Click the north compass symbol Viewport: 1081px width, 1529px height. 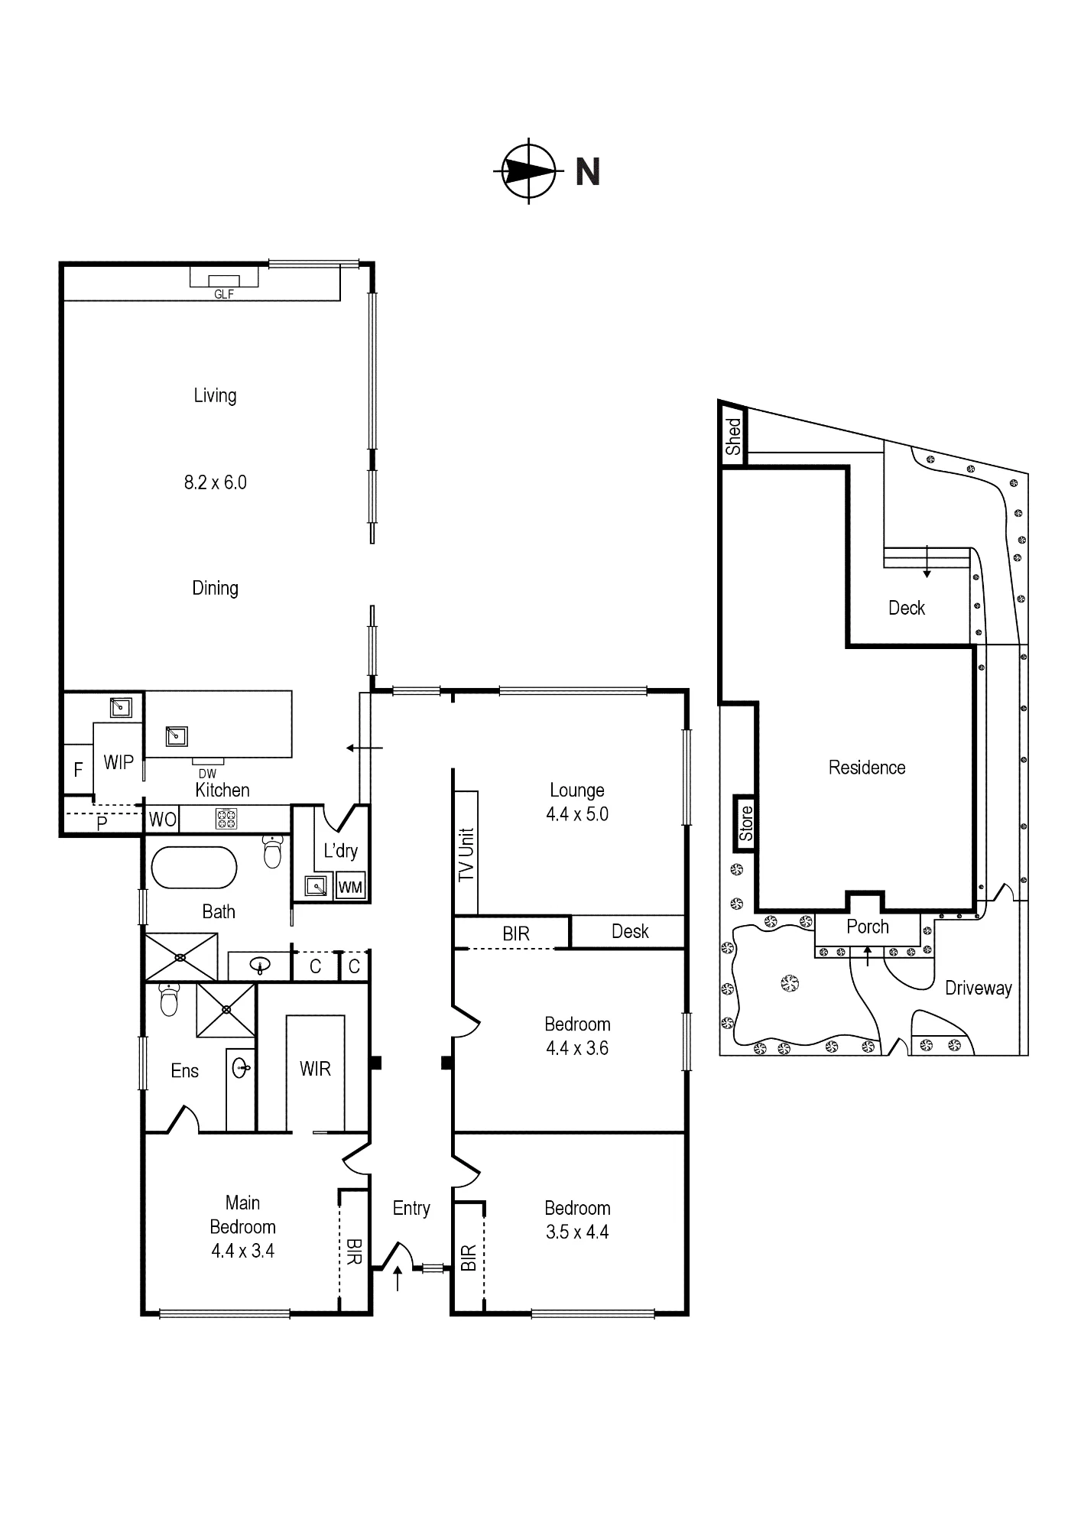528,171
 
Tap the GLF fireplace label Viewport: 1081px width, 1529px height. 224,294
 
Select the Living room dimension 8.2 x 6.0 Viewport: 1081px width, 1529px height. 216,482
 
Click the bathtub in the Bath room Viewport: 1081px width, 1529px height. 194,868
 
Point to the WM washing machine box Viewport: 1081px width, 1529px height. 350,887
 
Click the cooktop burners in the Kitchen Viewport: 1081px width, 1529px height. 226,820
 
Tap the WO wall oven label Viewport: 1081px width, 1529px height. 162,820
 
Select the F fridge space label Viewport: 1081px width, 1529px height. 78,770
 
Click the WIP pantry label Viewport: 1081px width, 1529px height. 118,762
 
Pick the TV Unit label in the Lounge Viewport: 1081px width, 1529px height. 466,854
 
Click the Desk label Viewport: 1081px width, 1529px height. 630,931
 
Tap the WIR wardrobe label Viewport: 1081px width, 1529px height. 315,1069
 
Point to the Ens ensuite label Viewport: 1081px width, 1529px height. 185,1071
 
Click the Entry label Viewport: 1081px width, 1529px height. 411,1208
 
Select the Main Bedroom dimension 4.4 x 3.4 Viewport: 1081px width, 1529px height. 242,1251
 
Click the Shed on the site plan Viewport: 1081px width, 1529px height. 733,437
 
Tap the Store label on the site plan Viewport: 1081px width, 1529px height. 746,823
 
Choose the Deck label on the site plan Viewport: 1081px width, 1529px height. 907,608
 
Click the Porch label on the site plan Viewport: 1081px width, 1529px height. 868,927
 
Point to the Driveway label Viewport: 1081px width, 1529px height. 979,988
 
